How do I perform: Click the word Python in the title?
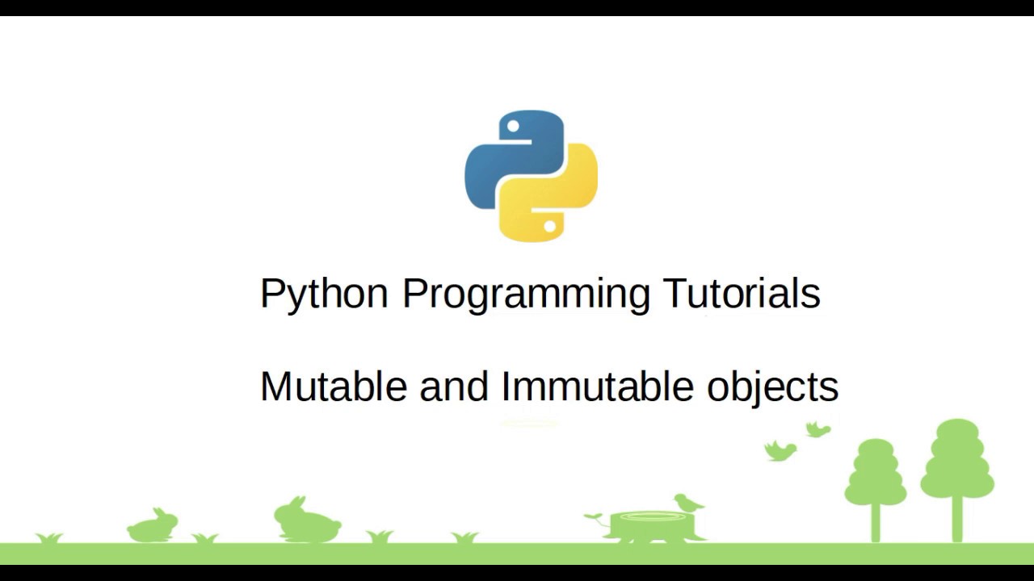point(324,295)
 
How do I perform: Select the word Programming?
point(526,295)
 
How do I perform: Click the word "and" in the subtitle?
point(454,387)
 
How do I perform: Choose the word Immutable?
point(597,387)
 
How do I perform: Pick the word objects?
point(773,390)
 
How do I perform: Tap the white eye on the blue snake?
point(513,125)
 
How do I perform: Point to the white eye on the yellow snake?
point(549,227)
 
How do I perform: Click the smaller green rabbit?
point(153,527)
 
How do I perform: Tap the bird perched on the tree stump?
point(689,503)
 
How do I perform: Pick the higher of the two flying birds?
point(818,429)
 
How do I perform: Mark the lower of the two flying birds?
point(780,450)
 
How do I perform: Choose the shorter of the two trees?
point(875,490)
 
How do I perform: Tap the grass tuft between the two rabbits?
point(204,538)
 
